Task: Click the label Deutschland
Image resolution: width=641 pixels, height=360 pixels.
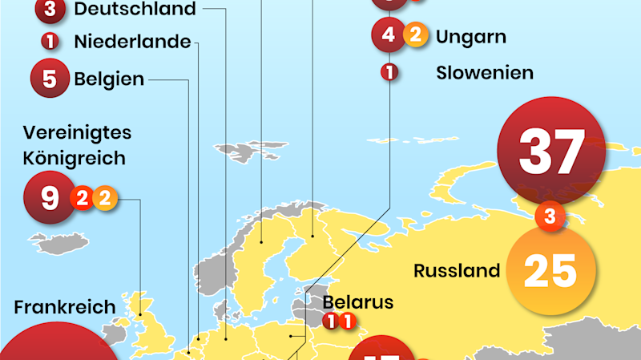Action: tap(134, 10)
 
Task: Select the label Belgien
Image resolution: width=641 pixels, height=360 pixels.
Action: tap(109, 79)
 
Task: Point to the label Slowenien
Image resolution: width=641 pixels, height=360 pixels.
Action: tap(485, 73)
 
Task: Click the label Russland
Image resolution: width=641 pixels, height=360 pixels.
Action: tap(457, 271)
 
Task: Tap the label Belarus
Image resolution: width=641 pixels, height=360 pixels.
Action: tap(358, 302)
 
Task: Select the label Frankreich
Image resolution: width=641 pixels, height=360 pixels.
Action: tap(65, 307)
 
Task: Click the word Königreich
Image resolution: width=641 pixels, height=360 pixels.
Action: tap(75, 158)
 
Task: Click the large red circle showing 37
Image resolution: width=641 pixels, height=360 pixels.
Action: tap(550, 149)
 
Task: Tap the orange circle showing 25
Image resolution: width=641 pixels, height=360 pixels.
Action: tap(550, 272)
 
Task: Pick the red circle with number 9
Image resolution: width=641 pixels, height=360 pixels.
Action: tap(50, 196)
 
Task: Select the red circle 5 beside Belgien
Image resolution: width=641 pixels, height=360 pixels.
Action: tap(50, 79)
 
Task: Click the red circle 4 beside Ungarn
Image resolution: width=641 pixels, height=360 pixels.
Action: tap(389, 34)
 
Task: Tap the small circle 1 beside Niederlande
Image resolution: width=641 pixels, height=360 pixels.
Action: tap(50, 41)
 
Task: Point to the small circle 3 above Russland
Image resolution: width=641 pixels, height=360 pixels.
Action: tap(550, 216)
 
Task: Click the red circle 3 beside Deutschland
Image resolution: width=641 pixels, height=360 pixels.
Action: tap(50, 10)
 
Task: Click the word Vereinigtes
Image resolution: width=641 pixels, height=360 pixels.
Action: tap(77, 132)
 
